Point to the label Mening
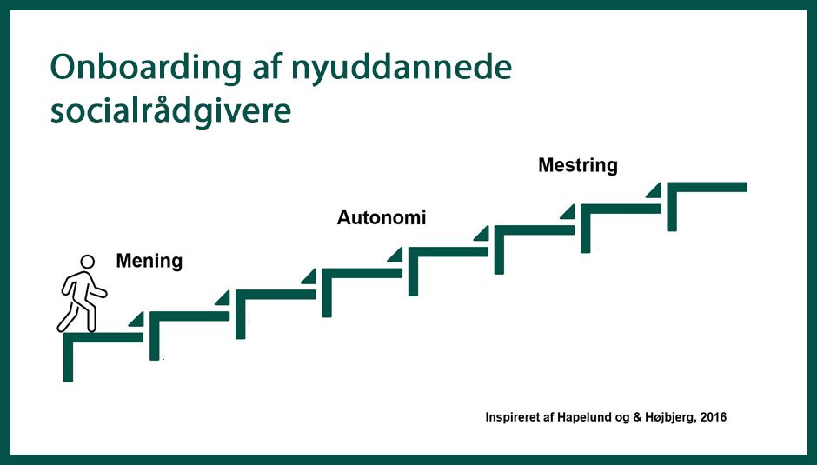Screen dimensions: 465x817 149,261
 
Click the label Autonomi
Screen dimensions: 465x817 382,217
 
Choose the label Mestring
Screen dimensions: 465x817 578,165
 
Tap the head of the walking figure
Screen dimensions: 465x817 87,262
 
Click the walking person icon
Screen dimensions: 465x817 83,296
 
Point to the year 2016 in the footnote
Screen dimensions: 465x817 712,417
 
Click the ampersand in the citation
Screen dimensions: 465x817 638,417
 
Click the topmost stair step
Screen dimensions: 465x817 707,187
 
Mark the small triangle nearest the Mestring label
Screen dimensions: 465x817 653,189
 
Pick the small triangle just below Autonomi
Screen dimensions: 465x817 395,254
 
